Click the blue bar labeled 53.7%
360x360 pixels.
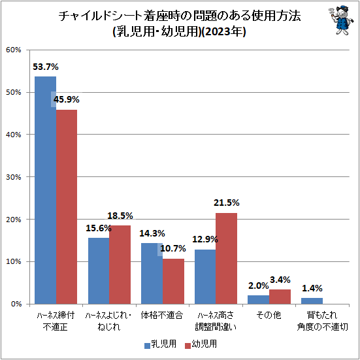tap(45, 190)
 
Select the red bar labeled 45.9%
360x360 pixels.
tap(67, 207)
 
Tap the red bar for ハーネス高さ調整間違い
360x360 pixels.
tap(226, 259)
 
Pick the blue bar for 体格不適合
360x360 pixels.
tap(152, 274)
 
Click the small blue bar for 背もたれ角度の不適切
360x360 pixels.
tap(312, 301)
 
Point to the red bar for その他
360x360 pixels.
tap(280, 297)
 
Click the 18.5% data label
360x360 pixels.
tap(120, 216)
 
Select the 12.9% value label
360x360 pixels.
tap(205, 240)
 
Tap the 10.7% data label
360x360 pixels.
tap(173, 248)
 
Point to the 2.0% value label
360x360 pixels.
tap(258, 286)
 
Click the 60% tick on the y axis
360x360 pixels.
tap(14, 50)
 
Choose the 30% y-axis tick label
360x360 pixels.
tap(14, 177)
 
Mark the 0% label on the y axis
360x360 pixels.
tap(16, 304)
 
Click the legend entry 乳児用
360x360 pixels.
tap(160, 344)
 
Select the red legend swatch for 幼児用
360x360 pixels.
tap(188, 346)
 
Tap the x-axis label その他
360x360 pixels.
tap(269, 315)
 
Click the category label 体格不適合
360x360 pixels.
tap(162, 315)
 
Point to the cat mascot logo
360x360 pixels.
tap(339, 20)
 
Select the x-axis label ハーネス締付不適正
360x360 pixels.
tap(56, 321)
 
